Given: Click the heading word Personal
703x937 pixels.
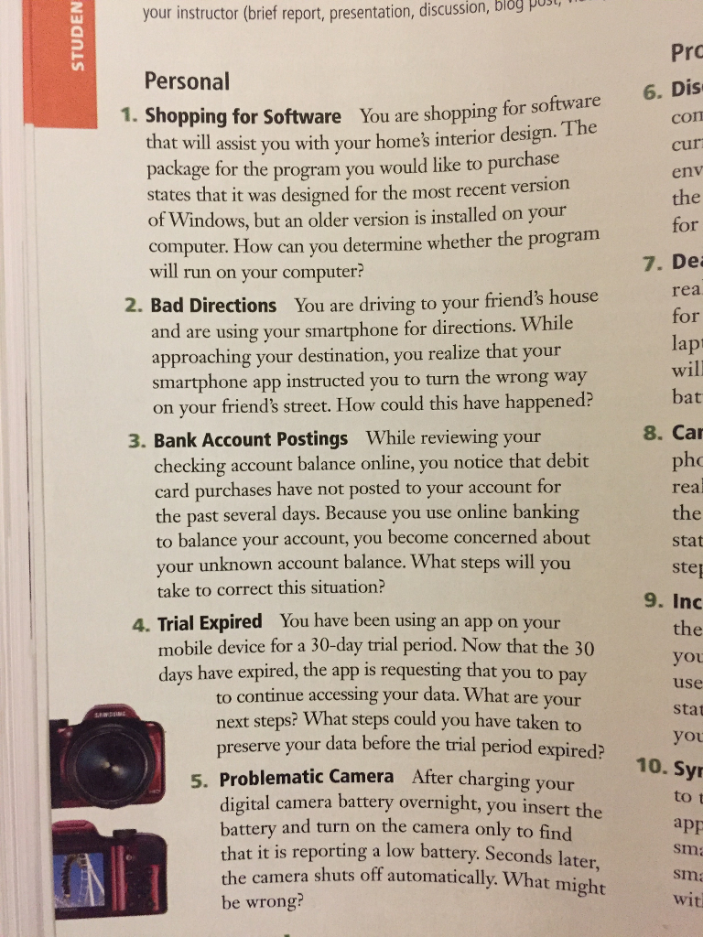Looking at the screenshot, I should tap(187, 81).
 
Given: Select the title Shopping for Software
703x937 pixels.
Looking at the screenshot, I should tap(243, 117).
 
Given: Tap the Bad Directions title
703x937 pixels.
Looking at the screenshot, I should tap(213, 306).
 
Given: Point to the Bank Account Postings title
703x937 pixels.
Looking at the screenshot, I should tap(251, 440).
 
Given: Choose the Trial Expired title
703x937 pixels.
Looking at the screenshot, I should tap(210, 623).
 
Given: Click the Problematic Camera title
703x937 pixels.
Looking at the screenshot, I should tap(307, 779).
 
